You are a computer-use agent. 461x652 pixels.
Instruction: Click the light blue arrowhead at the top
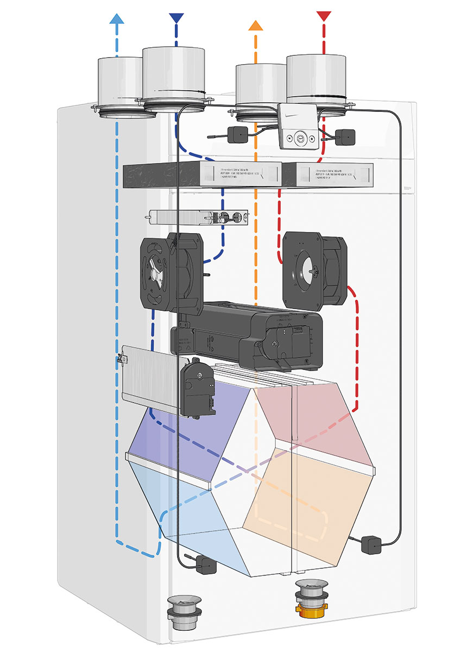coord(116,18)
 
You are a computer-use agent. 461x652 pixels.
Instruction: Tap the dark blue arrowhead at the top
coord(176,18)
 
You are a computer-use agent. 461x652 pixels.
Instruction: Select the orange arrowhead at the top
coord(255,25)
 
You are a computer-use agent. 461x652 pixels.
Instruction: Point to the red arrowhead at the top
coord(324,15)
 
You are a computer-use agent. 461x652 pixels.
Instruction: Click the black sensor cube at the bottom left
coord(207,565)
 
